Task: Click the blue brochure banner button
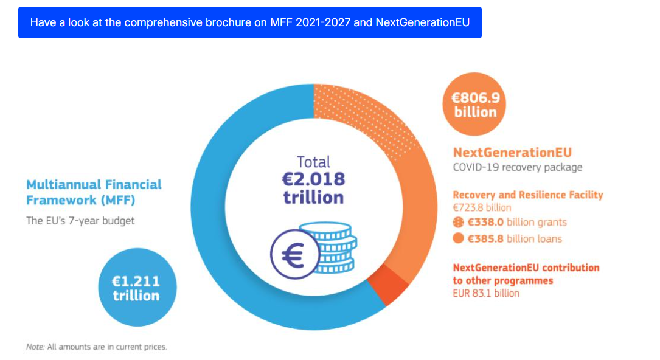pyautogui.click(x=249, y=22)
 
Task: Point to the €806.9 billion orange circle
pyautogui.click(x=474, y=104)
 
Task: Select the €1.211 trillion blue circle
pyautogui.click(x=137, y=287)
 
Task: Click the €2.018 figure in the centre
pyautogui.click(x=314, y=179)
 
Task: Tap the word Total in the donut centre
pyautogui.click(x=314, y=162)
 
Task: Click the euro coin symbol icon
pyautogui.click(x=294, y=254)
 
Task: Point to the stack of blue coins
pyautogui.click(x=333, y=247)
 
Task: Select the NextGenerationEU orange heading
pyautogui.click(x=512, y=152)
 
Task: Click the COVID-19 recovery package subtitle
pyautogui.click(x=518, y=167)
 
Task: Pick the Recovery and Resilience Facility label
pyautogui.click(x=528, y=195)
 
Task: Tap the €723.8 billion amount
pyautogui.click(x=482, y=208)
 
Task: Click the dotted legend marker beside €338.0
pyautogui.click(x=459, y=222)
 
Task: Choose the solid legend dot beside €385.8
pyautogui.click(x=459, y=238)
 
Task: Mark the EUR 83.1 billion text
pyautogui.click(x=486, y=293)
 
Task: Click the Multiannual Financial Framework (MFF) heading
pyautogui.click(x=94, y=192)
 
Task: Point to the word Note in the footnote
pyautogui.click(x=35, y=347)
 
